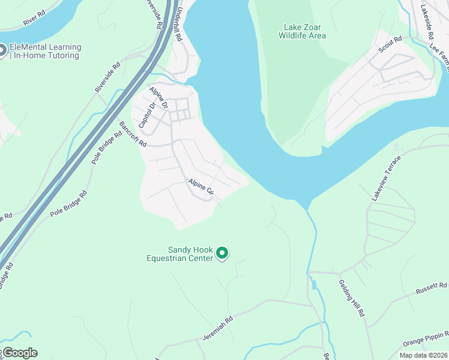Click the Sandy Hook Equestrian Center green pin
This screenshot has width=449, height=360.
(222, 254)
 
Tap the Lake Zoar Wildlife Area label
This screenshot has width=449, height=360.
(302, 31)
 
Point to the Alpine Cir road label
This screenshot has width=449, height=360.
(201, 187)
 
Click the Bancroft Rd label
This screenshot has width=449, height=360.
(133, 134)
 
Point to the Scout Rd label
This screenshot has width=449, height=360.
(389, 46)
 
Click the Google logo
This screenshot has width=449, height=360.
(20, 353)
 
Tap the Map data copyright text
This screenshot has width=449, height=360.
(424, 355)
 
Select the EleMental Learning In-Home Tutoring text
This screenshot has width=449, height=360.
(45, 52)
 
